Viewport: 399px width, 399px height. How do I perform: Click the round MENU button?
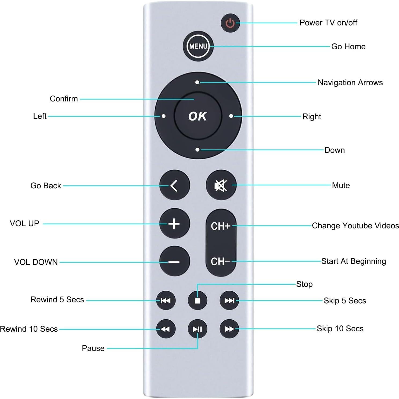pyautogui.click(x=198, y=46)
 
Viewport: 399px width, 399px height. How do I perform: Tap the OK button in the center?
pyautogui.click(x=198, y=116)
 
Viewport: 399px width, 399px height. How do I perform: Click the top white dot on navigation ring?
pyautogui.click(x=197, y=82)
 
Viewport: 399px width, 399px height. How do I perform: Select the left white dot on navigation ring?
pyautogui.click(x=163, y=116)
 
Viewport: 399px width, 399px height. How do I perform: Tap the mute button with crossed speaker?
pyautogui.click(x=221, y=185)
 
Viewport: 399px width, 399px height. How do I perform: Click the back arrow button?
pyautogui.click(x=174, y=185)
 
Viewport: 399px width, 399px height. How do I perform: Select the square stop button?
pyautogui.click(x=197, y=301)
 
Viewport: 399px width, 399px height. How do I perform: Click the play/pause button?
pyautogui.click(x=197, y=329)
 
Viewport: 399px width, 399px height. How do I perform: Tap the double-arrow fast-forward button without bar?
pyautogui.click(x=229, y=329)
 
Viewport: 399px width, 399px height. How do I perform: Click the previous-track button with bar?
pyautogui.click(x=166, y=301)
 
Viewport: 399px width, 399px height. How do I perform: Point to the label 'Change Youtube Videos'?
pyautogui.click(x=355, y=226)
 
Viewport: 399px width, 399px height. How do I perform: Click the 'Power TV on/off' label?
pyautogui.click(x=328, y=23)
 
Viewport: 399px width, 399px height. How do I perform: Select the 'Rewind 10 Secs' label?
pyautogui.click(x=29, y=329)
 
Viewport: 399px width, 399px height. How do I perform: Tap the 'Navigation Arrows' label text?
pyautogui.click(x=350, y=83)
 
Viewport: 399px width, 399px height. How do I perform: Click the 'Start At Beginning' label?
pyautogui.click(x=353, y=261)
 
